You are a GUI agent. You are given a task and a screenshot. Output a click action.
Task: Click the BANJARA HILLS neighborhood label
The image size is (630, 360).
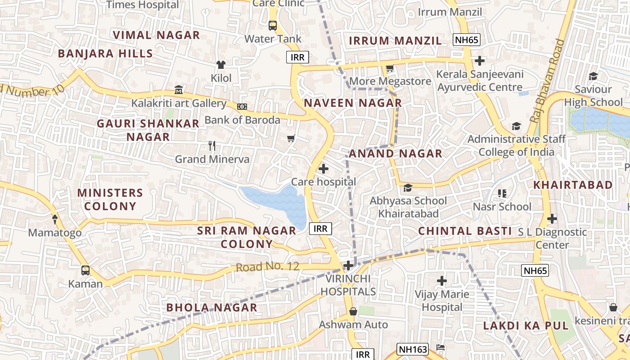click(105, 54)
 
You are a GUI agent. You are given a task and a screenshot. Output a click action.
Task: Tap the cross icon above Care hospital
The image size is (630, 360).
click(323, 169)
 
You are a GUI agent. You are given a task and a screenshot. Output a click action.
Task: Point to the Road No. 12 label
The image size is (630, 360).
click(267, 266)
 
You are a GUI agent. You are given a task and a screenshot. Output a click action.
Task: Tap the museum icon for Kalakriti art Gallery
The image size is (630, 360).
click(179, 90)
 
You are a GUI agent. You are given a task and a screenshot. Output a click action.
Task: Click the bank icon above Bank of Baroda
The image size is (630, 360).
click(242, 107)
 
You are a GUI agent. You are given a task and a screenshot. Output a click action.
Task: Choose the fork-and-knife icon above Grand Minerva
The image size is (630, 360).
click(212, 145)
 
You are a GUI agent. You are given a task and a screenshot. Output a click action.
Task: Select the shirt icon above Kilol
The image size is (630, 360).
click(220, 65)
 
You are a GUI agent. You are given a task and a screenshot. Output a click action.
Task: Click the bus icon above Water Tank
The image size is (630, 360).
click(273, 25)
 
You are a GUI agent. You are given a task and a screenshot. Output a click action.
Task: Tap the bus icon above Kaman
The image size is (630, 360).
click(85, 270)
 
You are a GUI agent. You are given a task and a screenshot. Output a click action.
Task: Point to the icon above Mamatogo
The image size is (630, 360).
click(55, 219)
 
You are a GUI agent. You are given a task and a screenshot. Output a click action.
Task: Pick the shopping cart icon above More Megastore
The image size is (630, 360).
click(390, 68)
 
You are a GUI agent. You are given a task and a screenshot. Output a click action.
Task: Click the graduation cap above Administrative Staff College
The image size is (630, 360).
click(516, 126)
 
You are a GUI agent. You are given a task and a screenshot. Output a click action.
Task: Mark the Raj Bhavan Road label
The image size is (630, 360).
click(547, 81)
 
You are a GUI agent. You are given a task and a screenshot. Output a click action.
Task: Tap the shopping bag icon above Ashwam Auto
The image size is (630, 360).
click(353, 311)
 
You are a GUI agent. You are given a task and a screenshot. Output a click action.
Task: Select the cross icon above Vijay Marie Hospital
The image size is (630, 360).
click(442, 281)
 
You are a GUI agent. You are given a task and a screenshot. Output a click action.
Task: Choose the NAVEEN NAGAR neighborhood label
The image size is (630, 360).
click(353, 103)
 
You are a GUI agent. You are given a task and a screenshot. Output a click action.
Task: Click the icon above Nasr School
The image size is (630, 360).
click(502, 193)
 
